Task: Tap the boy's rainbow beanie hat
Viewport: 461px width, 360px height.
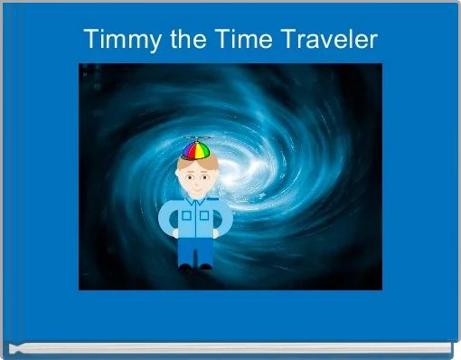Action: (x=195, y=150)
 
